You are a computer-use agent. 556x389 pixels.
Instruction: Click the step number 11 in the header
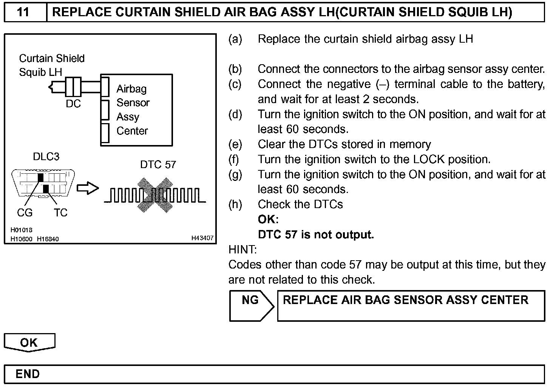click(23, 12)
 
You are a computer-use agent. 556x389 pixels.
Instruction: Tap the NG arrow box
click(251, 305)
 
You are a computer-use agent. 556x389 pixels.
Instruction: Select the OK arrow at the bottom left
click(29, 343)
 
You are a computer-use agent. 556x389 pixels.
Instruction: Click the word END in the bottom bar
click(28, 374)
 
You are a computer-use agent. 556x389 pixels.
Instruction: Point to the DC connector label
click(73, 104)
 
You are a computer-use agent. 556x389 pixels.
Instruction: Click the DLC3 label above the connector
click(46, 157)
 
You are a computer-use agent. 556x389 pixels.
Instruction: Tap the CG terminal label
click(25, 213)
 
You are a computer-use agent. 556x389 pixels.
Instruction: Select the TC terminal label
click(60, 213)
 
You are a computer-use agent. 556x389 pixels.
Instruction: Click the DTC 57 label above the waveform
click(158, 164)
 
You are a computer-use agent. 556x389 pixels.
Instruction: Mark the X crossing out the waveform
click(155, 195)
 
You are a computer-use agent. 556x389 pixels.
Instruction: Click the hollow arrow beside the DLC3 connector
click(88, 188)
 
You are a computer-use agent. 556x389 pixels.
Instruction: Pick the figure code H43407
click(202, 238)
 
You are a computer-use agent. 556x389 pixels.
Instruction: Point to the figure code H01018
click(22, 230)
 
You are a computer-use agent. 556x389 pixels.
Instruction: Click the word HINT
click(242, 250)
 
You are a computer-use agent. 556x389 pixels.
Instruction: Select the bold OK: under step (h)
click(268, 219)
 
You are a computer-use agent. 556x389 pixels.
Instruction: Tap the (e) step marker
click(235, 144)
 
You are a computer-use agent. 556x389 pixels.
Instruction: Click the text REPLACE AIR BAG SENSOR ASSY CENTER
click(405, 300)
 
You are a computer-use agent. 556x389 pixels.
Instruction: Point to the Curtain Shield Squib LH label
click(52, 65)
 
